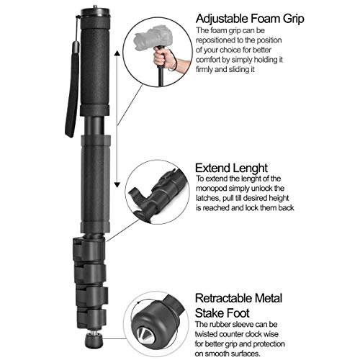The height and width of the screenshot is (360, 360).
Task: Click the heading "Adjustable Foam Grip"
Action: pos(260,18)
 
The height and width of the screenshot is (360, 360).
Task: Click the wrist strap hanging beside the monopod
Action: pos(71,94)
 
